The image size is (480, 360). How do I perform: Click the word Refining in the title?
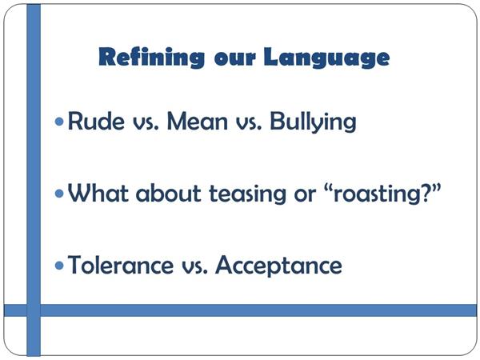pos(151,58)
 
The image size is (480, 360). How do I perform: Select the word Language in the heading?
pos(326,58)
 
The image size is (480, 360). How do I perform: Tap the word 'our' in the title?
pos(234,59)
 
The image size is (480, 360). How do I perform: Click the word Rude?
pos(96,121)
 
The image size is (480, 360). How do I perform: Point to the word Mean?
pos(198,121)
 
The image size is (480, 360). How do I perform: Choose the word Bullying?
pos(313,122)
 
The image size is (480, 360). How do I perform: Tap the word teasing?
pos(247,194)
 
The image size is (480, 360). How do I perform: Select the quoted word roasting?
pos(382,194)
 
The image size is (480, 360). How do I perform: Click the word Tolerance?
pos(120,265)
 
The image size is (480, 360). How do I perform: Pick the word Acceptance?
pos(279,266)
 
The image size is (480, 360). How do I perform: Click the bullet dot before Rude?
pos(59,122)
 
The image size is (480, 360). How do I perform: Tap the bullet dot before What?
pos(59,194)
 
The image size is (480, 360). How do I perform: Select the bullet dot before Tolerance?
pos(59,266)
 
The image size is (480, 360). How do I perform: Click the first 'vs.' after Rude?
pos(146,124)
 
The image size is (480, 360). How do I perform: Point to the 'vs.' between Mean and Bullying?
pos(249,124)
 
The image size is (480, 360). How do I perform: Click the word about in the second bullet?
pos(168,193)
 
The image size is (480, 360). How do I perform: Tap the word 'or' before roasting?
pos(305,196)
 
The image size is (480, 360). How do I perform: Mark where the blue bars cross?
pos(34,310)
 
